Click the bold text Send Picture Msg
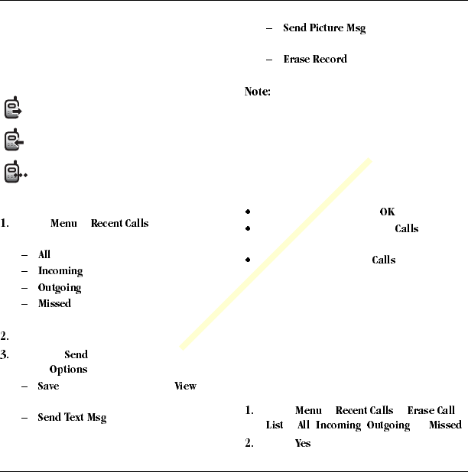(324, 28)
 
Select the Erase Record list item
(315, 59)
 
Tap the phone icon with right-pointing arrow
(12, 108)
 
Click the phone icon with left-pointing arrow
(12, 141)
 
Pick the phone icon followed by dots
(15, 173)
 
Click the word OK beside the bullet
(387, 212)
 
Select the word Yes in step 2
(303, 443)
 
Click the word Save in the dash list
(49, 386)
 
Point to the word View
(185, 386)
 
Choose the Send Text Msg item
(72, 418)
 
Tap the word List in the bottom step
(275, 425)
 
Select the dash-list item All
(44, 254)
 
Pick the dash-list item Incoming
(60, 271)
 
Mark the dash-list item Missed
(54, 304)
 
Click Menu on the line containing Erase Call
(308, 411)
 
